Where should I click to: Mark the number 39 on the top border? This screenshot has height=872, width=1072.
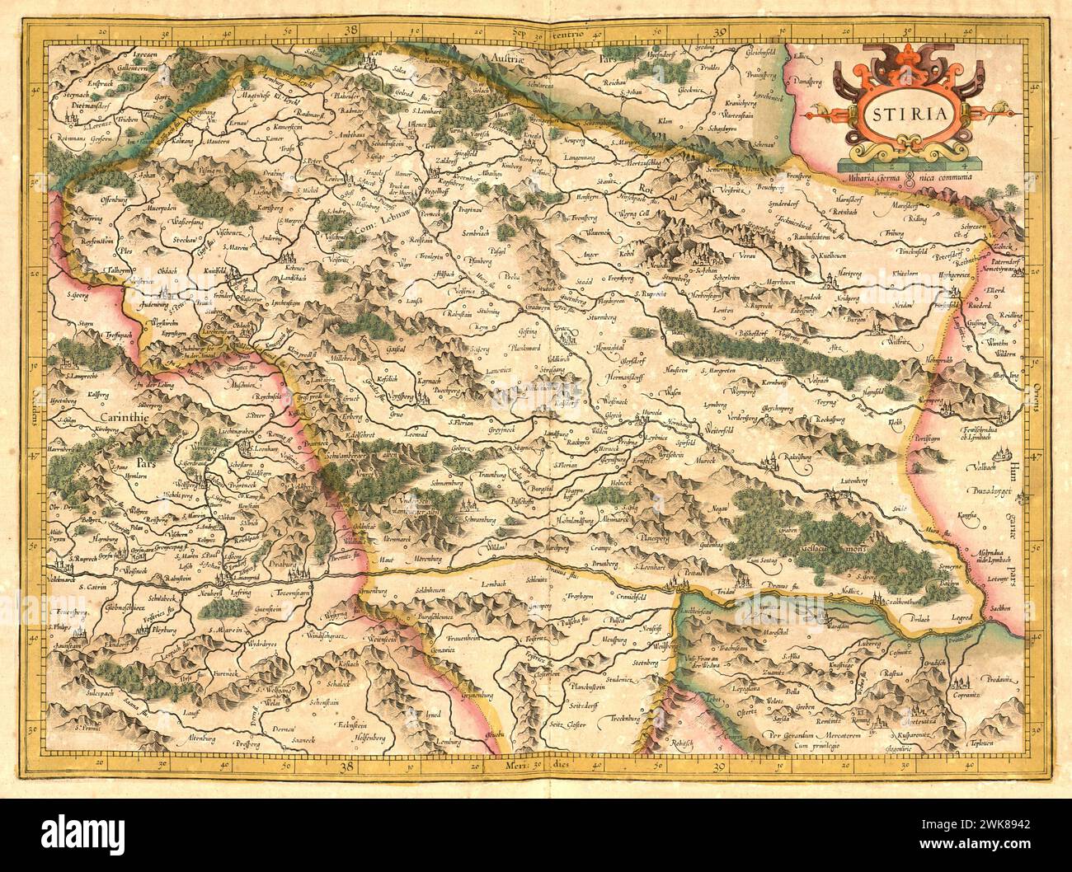[x=720, y=32]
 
